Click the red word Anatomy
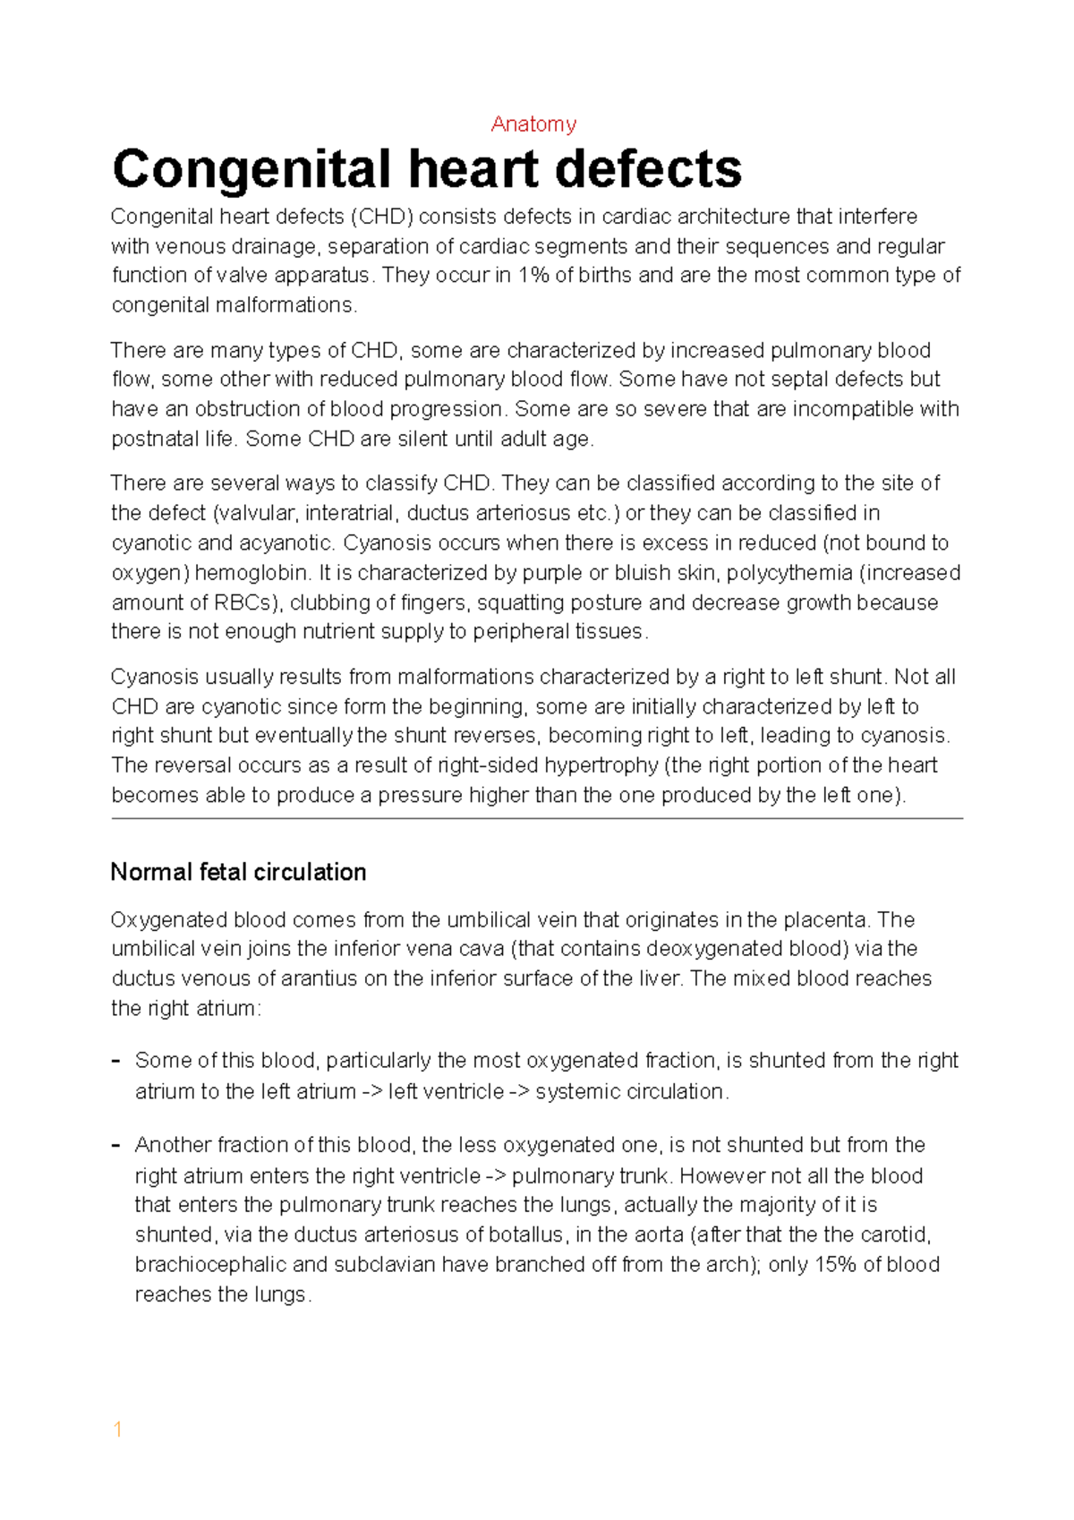(x=533, y=124)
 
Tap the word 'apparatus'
(x=321, y=275)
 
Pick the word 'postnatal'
(x=154, y=439)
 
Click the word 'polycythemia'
(x=789, y=573)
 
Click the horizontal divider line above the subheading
(x=537, y=818)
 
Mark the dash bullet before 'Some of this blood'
(x=116, y=1061)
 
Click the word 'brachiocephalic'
(x=209, y=1265)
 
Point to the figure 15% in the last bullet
(x=835, y=1265)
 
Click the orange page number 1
(x=117, y=1429)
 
